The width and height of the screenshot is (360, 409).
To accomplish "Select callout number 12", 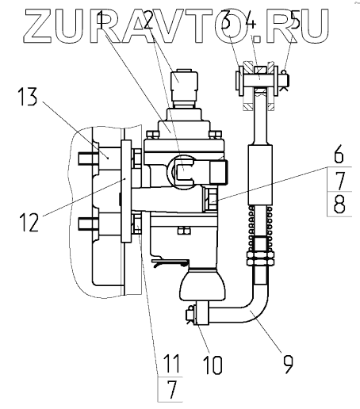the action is tap(29, 223).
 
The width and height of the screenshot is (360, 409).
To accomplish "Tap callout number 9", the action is tap(288, 365).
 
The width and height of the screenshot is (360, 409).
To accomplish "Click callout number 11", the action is tap(171, 364).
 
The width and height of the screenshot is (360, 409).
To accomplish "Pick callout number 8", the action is tap(339, 204).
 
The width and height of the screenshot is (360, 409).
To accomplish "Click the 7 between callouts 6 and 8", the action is tap(339, 179).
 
